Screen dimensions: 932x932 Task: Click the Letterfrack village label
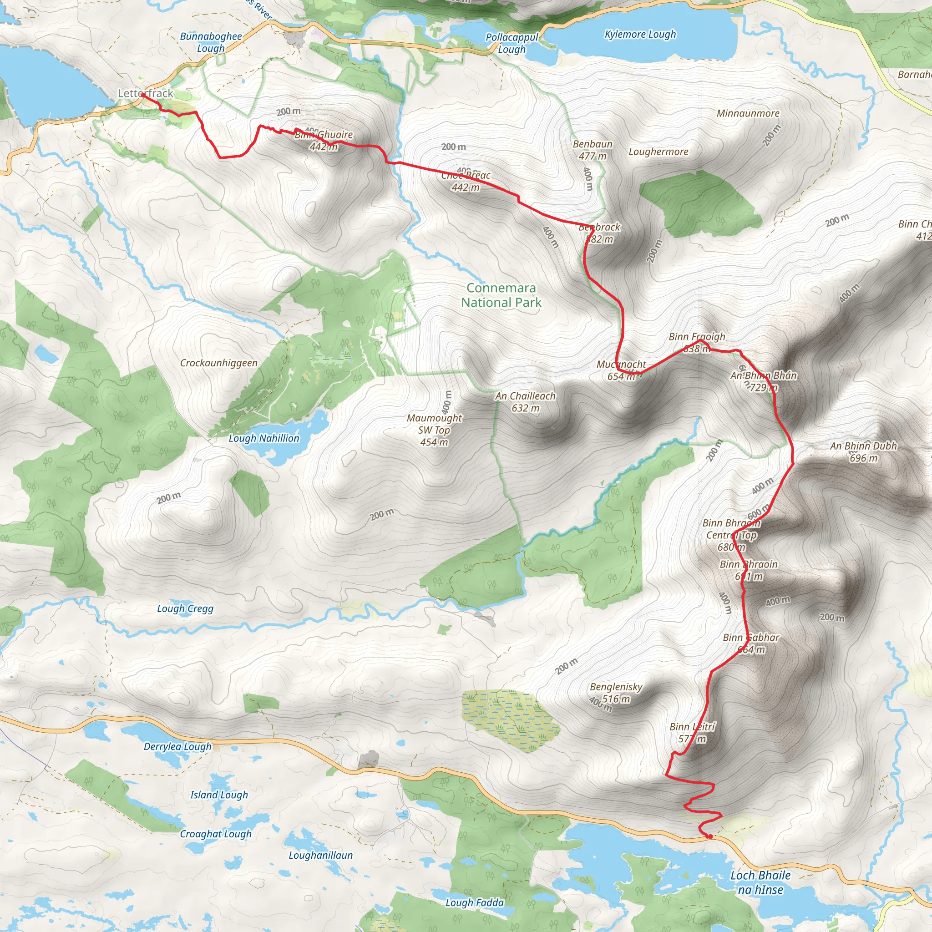coord(145,93)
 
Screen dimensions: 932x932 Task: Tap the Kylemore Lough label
coord(640,34)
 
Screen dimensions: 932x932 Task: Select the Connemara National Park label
coord(501,295)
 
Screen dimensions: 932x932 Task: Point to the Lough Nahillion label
coord(264,438)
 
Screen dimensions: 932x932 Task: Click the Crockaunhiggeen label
coord(218,363)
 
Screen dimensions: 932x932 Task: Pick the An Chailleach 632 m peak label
coord(525,402)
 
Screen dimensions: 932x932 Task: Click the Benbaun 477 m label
coord(593,150)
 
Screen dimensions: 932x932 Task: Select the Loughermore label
coord(658,152)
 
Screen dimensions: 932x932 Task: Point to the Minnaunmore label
coord(748,113)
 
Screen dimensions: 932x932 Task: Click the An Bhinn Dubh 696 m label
coord(863,452)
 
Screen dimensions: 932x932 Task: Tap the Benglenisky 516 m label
coord(616,692)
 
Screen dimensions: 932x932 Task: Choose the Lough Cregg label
coord(185,608)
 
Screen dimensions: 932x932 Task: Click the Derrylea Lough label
coord(177,746)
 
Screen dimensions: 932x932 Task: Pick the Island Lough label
coord(219,795)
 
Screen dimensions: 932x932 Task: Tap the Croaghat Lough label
coord(216,834)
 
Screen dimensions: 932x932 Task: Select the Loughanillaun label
coord(320,855)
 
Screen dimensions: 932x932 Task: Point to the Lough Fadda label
coord(474,902)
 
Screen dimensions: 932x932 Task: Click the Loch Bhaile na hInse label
coord(760,882)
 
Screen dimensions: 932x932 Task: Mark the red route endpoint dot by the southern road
coord(710,836)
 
